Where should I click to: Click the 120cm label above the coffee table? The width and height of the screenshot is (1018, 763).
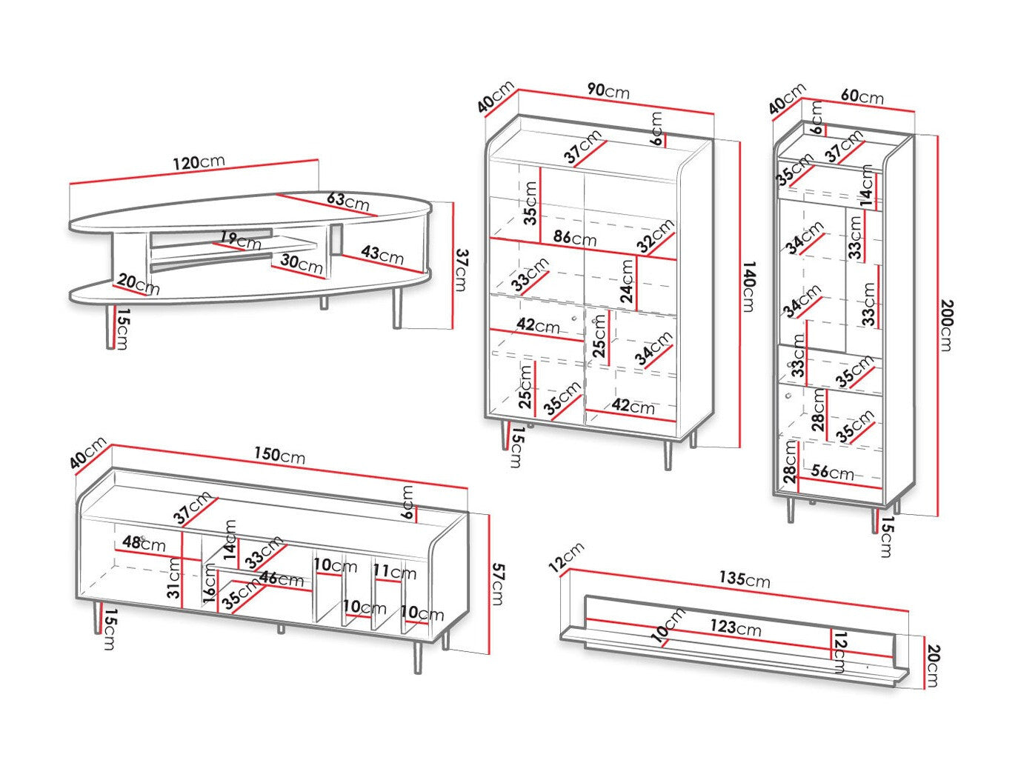click(x=198, y=163)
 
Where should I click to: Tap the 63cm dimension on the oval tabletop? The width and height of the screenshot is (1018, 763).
click(x=347, y=201)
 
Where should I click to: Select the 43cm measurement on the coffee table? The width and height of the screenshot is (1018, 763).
click(x=382, y=255)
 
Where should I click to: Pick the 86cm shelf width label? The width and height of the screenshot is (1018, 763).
click(x=574, y=239)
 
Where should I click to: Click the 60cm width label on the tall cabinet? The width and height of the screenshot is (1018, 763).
click(x=862, y=96)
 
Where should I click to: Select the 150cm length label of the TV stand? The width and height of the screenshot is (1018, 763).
click(x=279, y=456)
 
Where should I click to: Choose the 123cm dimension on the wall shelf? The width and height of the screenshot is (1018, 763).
click(x=736, y=627)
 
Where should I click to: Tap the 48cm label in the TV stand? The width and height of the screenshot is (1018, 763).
click(x=144, y=543)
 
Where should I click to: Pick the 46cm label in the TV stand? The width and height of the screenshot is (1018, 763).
click(x=281, y=579)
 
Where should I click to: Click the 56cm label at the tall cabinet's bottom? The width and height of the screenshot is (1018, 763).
click(x=832, y=472)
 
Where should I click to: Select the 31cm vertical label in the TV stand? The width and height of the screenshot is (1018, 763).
click(x=173, y=578)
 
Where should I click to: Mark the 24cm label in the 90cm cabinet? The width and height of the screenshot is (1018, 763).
click(x=628, y=281)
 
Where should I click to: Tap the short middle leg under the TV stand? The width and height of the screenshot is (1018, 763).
click(x=280, y=630)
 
